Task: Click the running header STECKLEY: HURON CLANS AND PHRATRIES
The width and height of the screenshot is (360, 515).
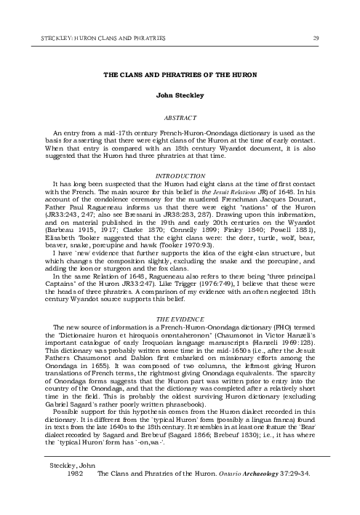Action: coord(95,37)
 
